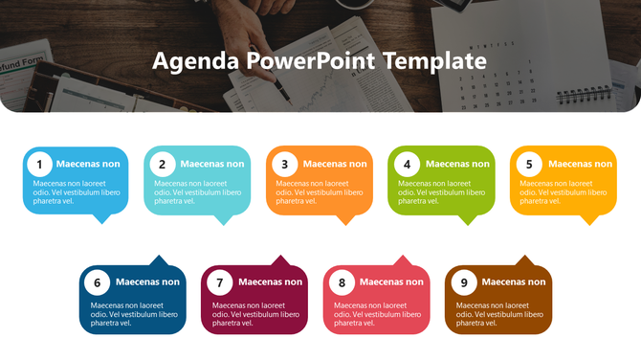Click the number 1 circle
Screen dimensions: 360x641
pyautogui.click(x=39, y=164)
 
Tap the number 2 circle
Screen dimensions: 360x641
pyautogui.click(x=162, y=164)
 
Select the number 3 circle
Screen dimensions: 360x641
pyautogui.click(x=284, y=164)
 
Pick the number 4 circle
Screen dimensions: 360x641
pyautogui.click(x=407, y=164)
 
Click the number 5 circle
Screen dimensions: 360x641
pyautogui.click(x=529, y=164)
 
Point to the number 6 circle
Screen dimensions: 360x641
pyautogui.click(x=97, y=282)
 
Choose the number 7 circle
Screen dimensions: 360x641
pyautogui.click(x=219, y=282)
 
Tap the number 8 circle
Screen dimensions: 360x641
pyautogui.click(x=342, y=282)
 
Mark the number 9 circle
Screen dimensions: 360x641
pyautogui.click(x=464, y=282)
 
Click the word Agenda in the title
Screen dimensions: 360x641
pyautogui.click(x=194, y=62)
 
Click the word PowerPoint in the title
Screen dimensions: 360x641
pyautogui.click(x=310, y=61)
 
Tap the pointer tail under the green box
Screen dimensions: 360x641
pyautogui.click(x=467, y=219)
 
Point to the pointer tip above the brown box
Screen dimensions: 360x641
pyautogui.click(x=523, y=259)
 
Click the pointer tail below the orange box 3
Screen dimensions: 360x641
pyautogui.click(x=345, y=219)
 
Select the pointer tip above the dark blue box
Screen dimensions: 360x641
pyautogui.click(x=157, y=259)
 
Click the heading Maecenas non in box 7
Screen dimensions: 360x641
pyautogui.click(x=270, y=282)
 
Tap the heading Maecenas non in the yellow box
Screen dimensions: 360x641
pyautogui.click(x=580, y=164)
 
